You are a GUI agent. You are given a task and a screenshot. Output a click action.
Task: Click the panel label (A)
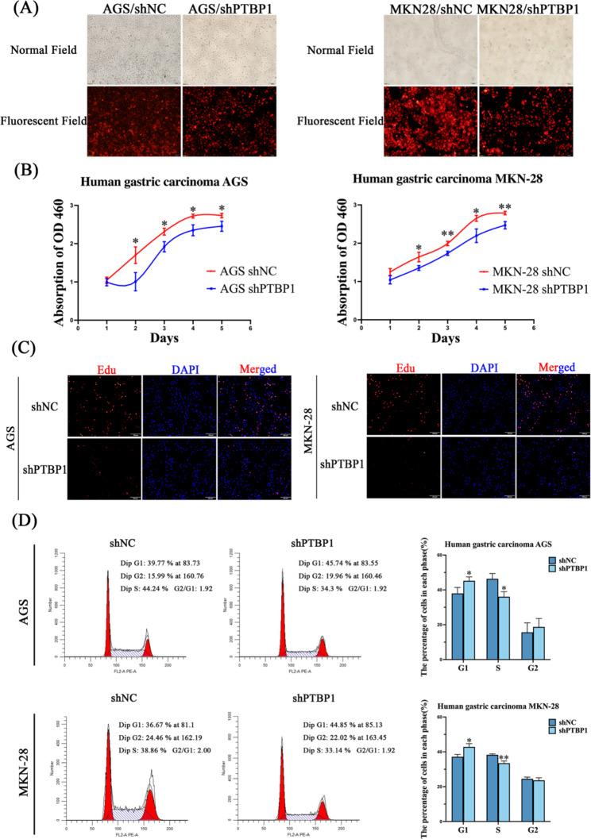point(17,10)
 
